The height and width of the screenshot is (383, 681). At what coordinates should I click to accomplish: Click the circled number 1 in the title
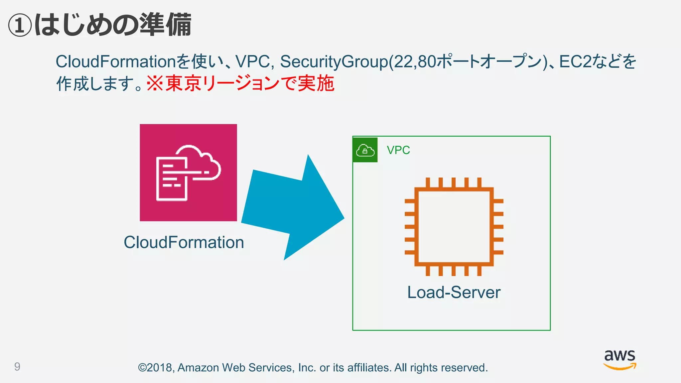20,26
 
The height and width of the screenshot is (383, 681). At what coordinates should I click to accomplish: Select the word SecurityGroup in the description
334,62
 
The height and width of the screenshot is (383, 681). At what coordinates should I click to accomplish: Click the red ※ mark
155,83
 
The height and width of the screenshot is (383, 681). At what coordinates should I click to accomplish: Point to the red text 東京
183,83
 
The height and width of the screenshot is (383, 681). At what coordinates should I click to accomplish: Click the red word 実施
316,83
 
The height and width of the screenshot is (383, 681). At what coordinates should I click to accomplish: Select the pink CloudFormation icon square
188,173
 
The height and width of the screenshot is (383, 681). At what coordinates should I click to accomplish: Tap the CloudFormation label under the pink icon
184,242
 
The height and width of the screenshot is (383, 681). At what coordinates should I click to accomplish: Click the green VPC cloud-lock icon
365,150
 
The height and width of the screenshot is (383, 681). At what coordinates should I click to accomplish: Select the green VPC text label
398,150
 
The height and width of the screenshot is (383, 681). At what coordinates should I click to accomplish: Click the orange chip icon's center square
454,227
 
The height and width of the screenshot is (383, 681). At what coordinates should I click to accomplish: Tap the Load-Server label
454,293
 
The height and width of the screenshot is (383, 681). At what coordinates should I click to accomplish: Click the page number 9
17,366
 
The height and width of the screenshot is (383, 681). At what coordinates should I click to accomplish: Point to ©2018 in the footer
155,368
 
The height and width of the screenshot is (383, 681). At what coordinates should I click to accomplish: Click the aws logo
619,359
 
